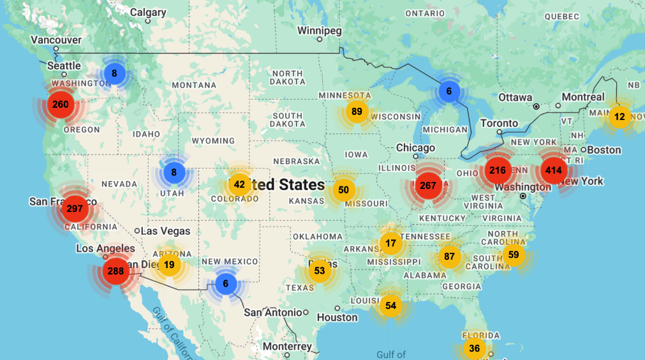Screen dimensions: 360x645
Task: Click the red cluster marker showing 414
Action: (x=553, y=170)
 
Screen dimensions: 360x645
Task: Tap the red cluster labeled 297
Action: (x=75, y=209)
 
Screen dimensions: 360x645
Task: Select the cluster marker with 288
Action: (x=115, y=271)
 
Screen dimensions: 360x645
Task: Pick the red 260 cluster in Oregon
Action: (x=61, y=105)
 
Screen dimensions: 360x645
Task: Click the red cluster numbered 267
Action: (x=428, y=185)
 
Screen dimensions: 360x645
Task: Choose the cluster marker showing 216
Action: (x=498, y=170)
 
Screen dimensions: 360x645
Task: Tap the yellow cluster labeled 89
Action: (x=357, y=112)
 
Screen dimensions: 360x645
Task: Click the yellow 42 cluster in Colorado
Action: (x=239, y=185)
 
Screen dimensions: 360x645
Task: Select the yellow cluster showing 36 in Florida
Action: (x=474, y=349)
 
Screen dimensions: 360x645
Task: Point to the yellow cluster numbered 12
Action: (x=619, y=117)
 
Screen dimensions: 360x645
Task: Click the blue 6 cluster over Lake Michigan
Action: (x=449, y=91)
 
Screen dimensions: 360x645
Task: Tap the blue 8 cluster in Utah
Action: (x=174, y=172)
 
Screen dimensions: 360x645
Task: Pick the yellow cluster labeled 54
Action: (x=391, y=306)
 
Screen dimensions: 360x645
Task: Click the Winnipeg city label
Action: (x=320, y=31)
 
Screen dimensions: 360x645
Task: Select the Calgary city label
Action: (x=148, y=12)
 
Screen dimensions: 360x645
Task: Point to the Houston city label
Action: (x=337, y=317)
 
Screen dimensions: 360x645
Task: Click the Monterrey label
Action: (x=287, y=347)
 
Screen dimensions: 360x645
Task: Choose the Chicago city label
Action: (x=415, y=148)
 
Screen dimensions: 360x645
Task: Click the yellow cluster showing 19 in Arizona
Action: (x=169, y=265)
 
